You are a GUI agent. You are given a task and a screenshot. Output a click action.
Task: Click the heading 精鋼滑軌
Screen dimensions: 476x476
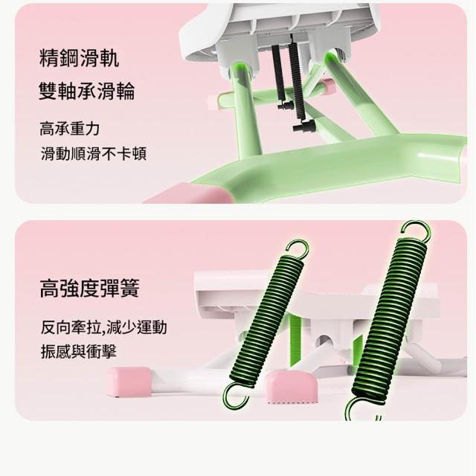(79, 57)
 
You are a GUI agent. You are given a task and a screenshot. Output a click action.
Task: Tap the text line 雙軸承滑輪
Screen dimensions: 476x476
(87, 91)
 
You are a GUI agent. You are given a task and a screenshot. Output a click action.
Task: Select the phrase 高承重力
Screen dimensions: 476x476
(69, 129)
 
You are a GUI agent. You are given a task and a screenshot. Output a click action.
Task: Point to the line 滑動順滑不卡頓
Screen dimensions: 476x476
(94, 154)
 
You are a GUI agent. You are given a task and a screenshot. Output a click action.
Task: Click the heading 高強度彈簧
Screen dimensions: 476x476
(89, 288)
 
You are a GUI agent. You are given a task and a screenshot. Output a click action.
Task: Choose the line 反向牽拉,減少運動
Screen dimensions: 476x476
(103, 327)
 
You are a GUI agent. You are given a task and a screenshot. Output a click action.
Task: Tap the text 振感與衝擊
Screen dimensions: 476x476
(79, 352)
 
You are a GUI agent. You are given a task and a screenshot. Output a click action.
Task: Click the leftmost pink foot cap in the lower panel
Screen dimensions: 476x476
(129, 382)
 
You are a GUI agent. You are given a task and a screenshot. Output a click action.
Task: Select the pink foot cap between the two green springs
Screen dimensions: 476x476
(291, 386)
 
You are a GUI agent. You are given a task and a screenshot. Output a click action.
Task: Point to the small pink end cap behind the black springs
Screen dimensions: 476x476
(329, 86)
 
